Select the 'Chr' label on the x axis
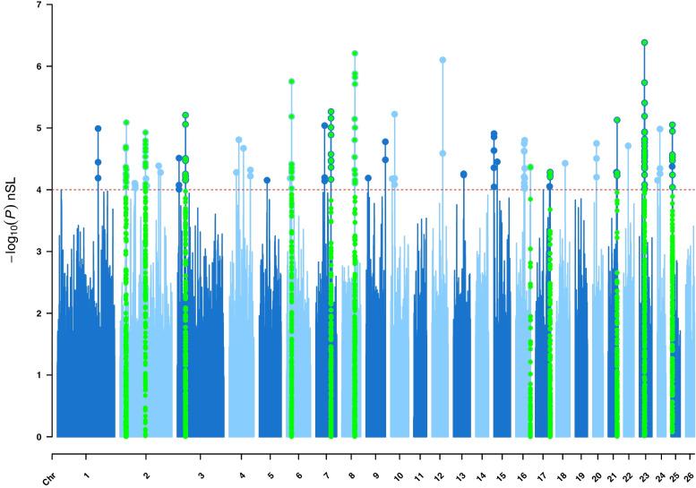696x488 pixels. [51, 470]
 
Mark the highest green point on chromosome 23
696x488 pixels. [645, 42]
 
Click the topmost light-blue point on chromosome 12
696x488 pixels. [443, 60]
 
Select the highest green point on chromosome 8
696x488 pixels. [355, 54]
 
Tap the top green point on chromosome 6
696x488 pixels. [291, 81]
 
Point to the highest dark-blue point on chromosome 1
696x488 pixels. [98, 129]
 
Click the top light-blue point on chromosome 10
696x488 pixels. [394, 115]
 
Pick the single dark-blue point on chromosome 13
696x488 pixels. [463, 175]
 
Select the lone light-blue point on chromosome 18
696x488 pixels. [565, 163]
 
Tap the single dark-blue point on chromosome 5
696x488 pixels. [267, 180]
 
